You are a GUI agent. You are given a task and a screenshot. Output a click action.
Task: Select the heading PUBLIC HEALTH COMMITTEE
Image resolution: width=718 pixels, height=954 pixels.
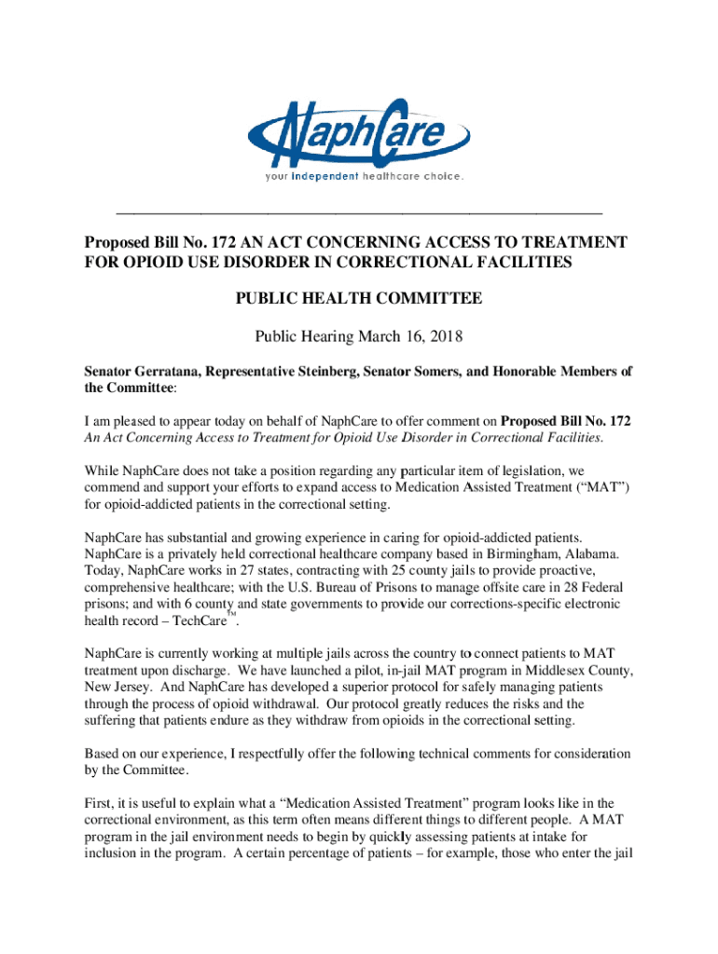tap(358, 299)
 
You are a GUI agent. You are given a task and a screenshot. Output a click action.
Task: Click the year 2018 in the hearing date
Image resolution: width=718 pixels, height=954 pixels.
tap(444, 335)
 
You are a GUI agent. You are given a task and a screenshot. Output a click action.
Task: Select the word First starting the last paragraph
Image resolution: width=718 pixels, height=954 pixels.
tap(101, 802)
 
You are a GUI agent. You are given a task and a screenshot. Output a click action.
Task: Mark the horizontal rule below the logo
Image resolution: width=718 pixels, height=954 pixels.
tap(358, 213)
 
